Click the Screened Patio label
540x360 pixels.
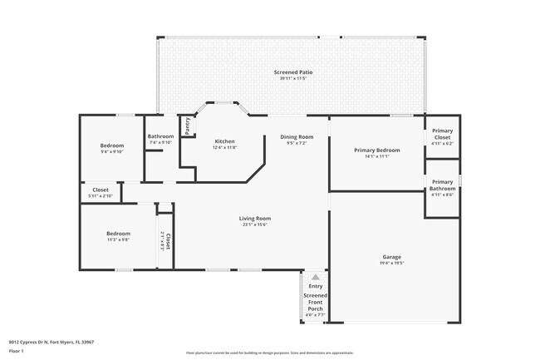(x=293, y=72)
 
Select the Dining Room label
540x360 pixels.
(x=297, y=136)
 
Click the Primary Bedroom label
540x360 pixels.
(x=377, y=150)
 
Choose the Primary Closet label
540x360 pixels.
(x=442, y=134)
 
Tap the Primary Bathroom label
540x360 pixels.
(x=442, y=185)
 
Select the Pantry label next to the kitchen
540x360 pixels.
(x=188, y=126)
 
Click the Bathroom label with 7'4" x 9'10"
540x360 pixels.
(x=160, y=136)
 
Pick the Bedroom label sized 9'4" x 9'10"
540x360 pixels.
(x=112, y=145)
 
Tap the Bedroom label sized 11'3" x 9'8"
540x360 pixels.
(x=118, y=234)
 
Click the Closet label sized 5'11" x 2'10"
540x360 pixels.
(x=101, y=190)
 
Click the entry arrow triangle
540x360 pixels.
(x=316, y=277)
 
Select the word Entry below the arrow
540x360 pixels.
(x=316, y=287)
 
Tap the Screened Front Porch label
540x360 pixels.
(x=316, y=302)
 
